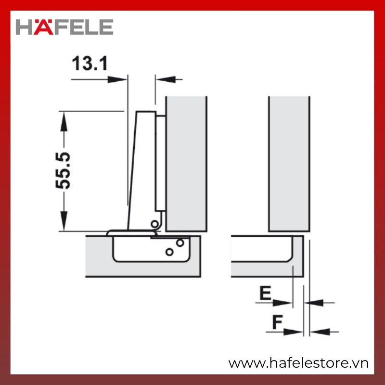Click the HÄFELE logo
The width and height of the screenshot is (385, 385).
[x=64, y=26]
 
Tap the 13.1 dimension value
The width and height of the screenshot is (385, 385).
[x=90, y=64]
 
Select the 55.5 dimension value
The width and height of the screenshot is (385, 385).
[x=63, y=171]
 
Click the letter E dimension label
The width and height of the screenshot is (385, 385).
[x=266, y=293]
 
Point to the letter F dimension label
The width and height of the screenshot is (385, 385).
[x=278, y=321]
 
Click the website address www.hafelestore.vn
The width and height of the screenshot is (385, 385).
[x=298, y=363]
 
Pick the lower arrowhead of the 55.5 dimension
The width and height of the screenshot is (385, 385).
[x=64, y=221]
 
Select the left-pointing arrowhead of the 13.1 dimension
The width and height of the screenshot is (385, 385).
[x=166, y=79]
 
